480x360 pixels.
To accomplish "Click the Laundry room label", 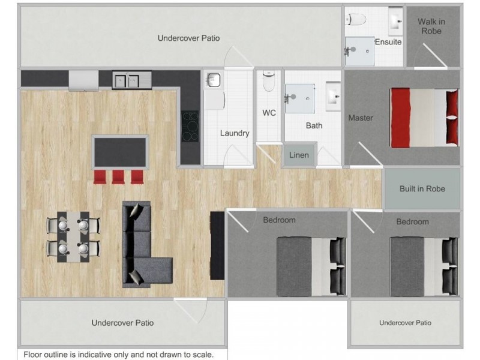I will tap(234, 133).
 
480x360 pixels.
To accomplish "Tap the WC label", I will tap(269, 113).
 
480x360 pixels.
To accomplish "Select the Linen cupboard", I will tap(299, 155).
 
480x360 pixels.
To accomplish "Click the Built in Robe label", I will tap(422, 188).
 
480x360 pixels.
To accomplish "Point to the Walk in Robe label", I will tap(431, 26).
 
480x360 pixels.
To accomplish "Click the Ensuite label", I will tap(388, 42).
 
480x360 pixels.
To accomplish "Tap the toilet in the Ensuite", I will tap(357, 19).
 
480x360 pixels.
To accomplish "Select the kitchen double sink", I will tap(126, 80).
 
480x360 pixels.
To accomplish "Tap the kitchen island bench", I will tap(119, 152).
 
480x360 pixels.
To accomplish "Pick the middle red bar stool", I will tap(119, 176).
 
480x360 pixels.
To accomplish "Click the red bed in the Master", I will tap(423, 118).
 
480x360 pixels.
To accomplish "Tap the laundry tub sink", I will tap(214, 80).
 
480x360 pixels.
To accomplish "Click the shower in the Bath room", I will tap(299, 98).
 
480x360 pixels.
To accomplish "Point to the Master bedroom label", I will tap(361, 118).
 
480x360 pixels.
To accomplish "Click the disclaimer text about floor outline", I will tap(118, 355).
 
